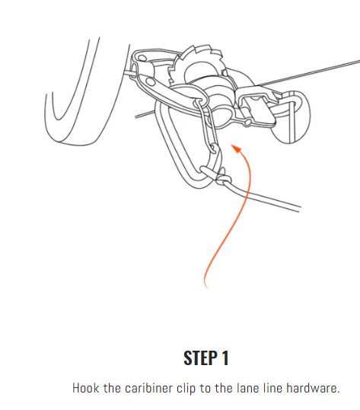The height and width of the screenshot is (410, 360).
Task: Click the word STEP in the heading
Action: tap(200, 358)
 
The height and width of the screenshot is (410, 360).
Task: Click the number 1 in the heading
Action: tap(225, 358)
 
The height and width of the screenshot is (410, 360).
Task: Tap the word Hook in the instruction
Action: tap(85, 388)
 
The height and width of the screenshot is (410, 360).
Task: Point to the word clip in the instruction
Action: tap(186, 388)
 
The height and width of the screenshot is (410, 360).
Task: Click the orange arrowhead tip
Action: tap(231, 145)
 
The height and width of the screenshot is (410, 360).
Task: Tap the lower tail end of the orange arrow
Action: tap(207, 288)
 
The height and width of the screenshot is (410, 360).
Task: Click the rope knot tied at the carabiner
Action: tap(223, 179)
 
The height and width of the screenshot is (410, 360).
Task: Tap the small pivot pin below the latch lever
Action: tap(247, 122)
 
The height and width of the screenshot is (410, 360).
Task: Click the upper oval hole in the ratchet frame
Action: tap(142, 58)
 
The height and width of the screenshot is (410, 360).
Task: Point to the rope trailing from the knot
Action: tap(262, 196)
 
